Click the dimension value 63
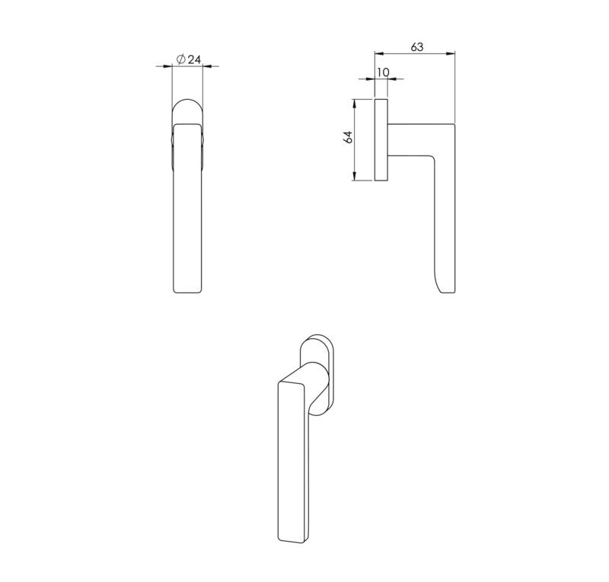pos(416,47)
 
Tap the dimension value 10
pos(383,72)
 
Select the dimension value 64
pos(349,137)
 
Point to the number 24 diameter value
pos(194,59)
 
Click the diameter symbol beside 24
pos(180,59)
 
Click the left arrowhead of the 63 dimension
pos(379,53)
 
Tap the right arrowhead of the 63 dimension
pos(450,53)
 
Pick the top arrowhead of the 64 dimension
pos(354,104)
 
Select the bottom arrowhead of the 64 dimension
pos(354,176)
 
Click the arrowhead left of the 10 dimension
pos(370,79)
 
